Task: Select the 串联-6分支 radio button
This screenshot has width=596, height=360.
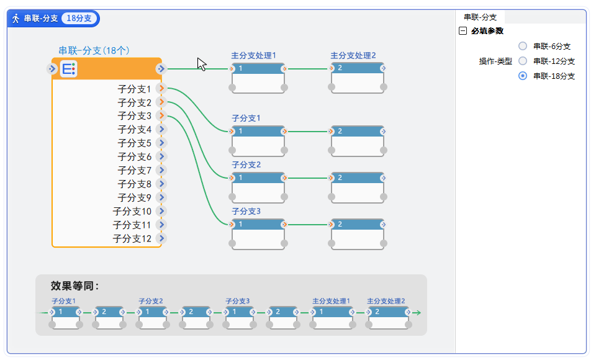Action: [523, 46]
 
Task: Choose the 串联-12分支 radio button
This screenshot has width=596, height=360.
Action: [523, 61]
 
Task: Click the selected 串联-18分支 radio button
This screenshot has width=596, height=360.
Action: [523, 76]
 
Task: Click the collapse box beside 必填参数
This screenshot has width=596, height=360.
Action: [463, 31]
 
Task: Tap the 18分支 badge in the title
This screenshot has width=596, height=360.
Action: [79, 19]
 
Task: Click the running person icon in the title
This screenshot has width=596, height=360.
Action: [16, 19]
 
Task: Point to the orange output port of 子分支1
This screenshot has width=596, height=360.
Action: [161, 89]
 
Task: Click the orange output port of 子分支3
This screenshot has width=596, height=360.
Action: [161, 115]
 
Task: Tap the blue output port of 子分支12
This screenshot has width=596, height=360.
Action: [161, 238]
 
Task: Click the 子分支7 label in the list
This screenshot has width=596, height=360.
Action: [135, 170]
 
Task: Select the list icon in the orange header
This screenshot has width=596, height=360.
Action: [69, 69]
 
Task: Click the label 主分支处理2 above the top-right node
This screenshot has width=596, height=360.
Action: [353, 55]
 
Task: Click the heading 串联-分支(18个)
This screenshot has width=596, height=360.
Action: [94, 50]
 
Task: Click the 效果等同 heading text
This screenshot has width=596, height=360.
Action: [74, 286]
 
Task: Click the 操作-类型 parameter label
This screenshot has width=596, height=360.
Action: [495, 61]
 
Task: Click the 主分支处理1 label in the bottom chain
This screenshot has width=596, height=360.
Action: [331, 302]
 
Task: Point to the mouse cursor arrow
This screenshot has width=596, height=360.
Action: [201, 63]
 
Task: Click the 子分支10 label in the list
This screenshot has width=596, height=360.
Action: [132, 211]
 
